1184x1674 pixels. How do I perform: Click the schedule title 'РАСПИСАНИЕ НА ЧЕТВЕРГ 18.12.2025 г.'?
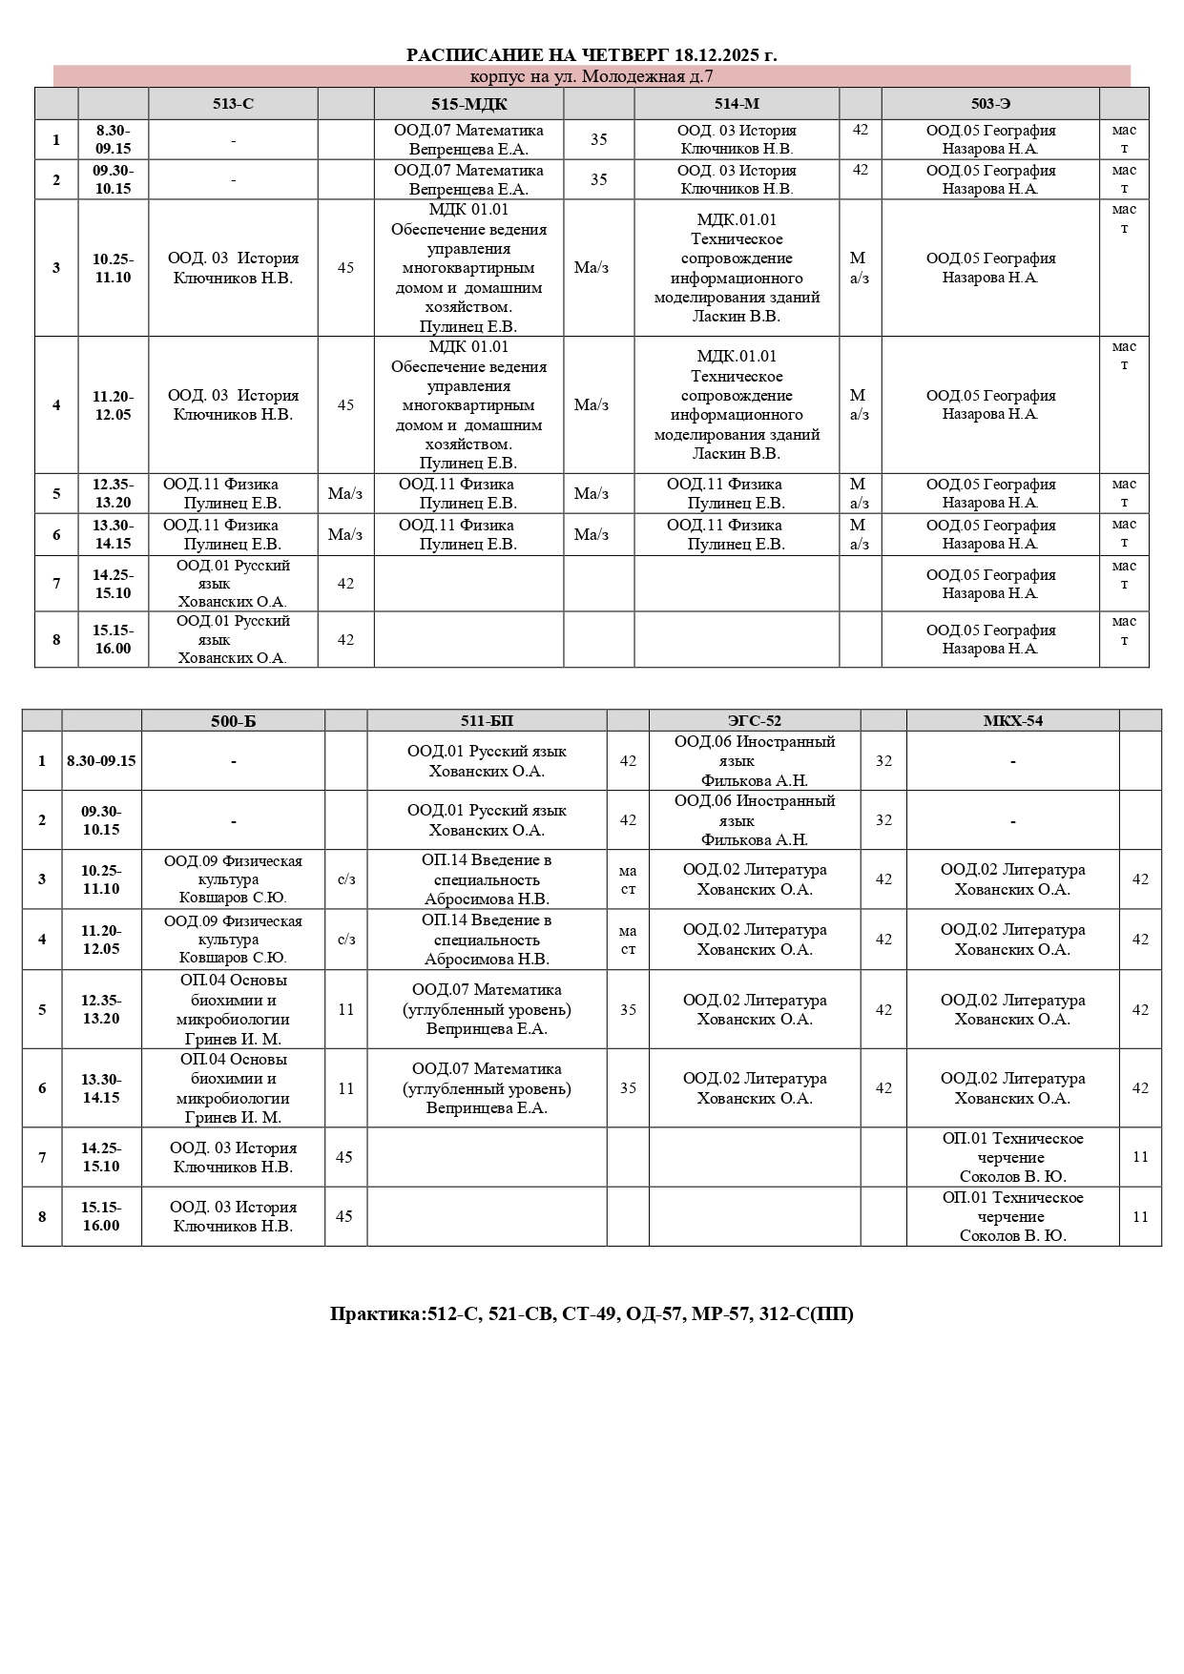[592, 55]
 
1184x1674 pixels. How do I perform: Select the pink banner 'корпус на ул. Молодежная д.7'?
[592, 77]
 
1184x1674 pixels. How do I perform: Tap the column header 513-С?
[233, 104]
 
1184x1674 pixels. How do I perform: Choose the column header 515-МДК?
[468, 104]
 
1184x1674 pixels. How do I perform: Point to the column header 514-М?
[737, 104]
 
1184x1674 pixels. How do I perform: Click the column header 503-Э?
[990, 104]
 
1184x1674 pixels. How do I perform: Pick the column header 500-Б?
[233, 721]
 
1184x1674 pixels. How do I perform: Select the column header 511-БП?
[487, 721]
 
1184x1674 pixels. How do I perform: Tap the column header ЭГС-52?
[755, 721]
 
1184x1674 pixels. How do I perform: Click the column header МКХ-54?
[1012, 721]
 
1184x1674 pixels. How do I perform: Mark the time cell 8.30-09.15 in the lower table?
[101, 761]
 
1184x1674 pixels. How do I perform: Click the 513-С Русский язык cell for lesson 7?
[233, 584]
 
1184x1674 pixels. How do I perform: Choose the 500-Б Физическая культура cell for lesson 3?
[233, 879]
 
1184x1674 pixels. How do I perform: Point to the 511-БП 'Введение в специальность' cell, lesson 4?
[487, 940]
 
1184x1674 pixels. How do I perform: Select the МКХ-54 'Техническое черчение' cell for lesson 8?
[1012, 1216]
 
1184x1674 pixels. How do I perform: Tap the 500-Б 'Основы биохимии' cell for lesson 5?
[233, 1009]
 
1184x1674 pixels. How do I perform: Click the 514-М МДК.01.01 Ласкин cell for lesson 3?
[737, 268]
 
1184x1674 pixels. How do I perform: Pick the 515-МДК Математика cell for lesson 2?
[468, 179]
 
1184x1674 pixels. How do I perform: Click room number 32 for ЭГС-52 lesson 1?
[883, 761]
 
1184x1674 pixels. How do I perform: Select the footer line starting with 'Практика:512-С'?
[592, 1314]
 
